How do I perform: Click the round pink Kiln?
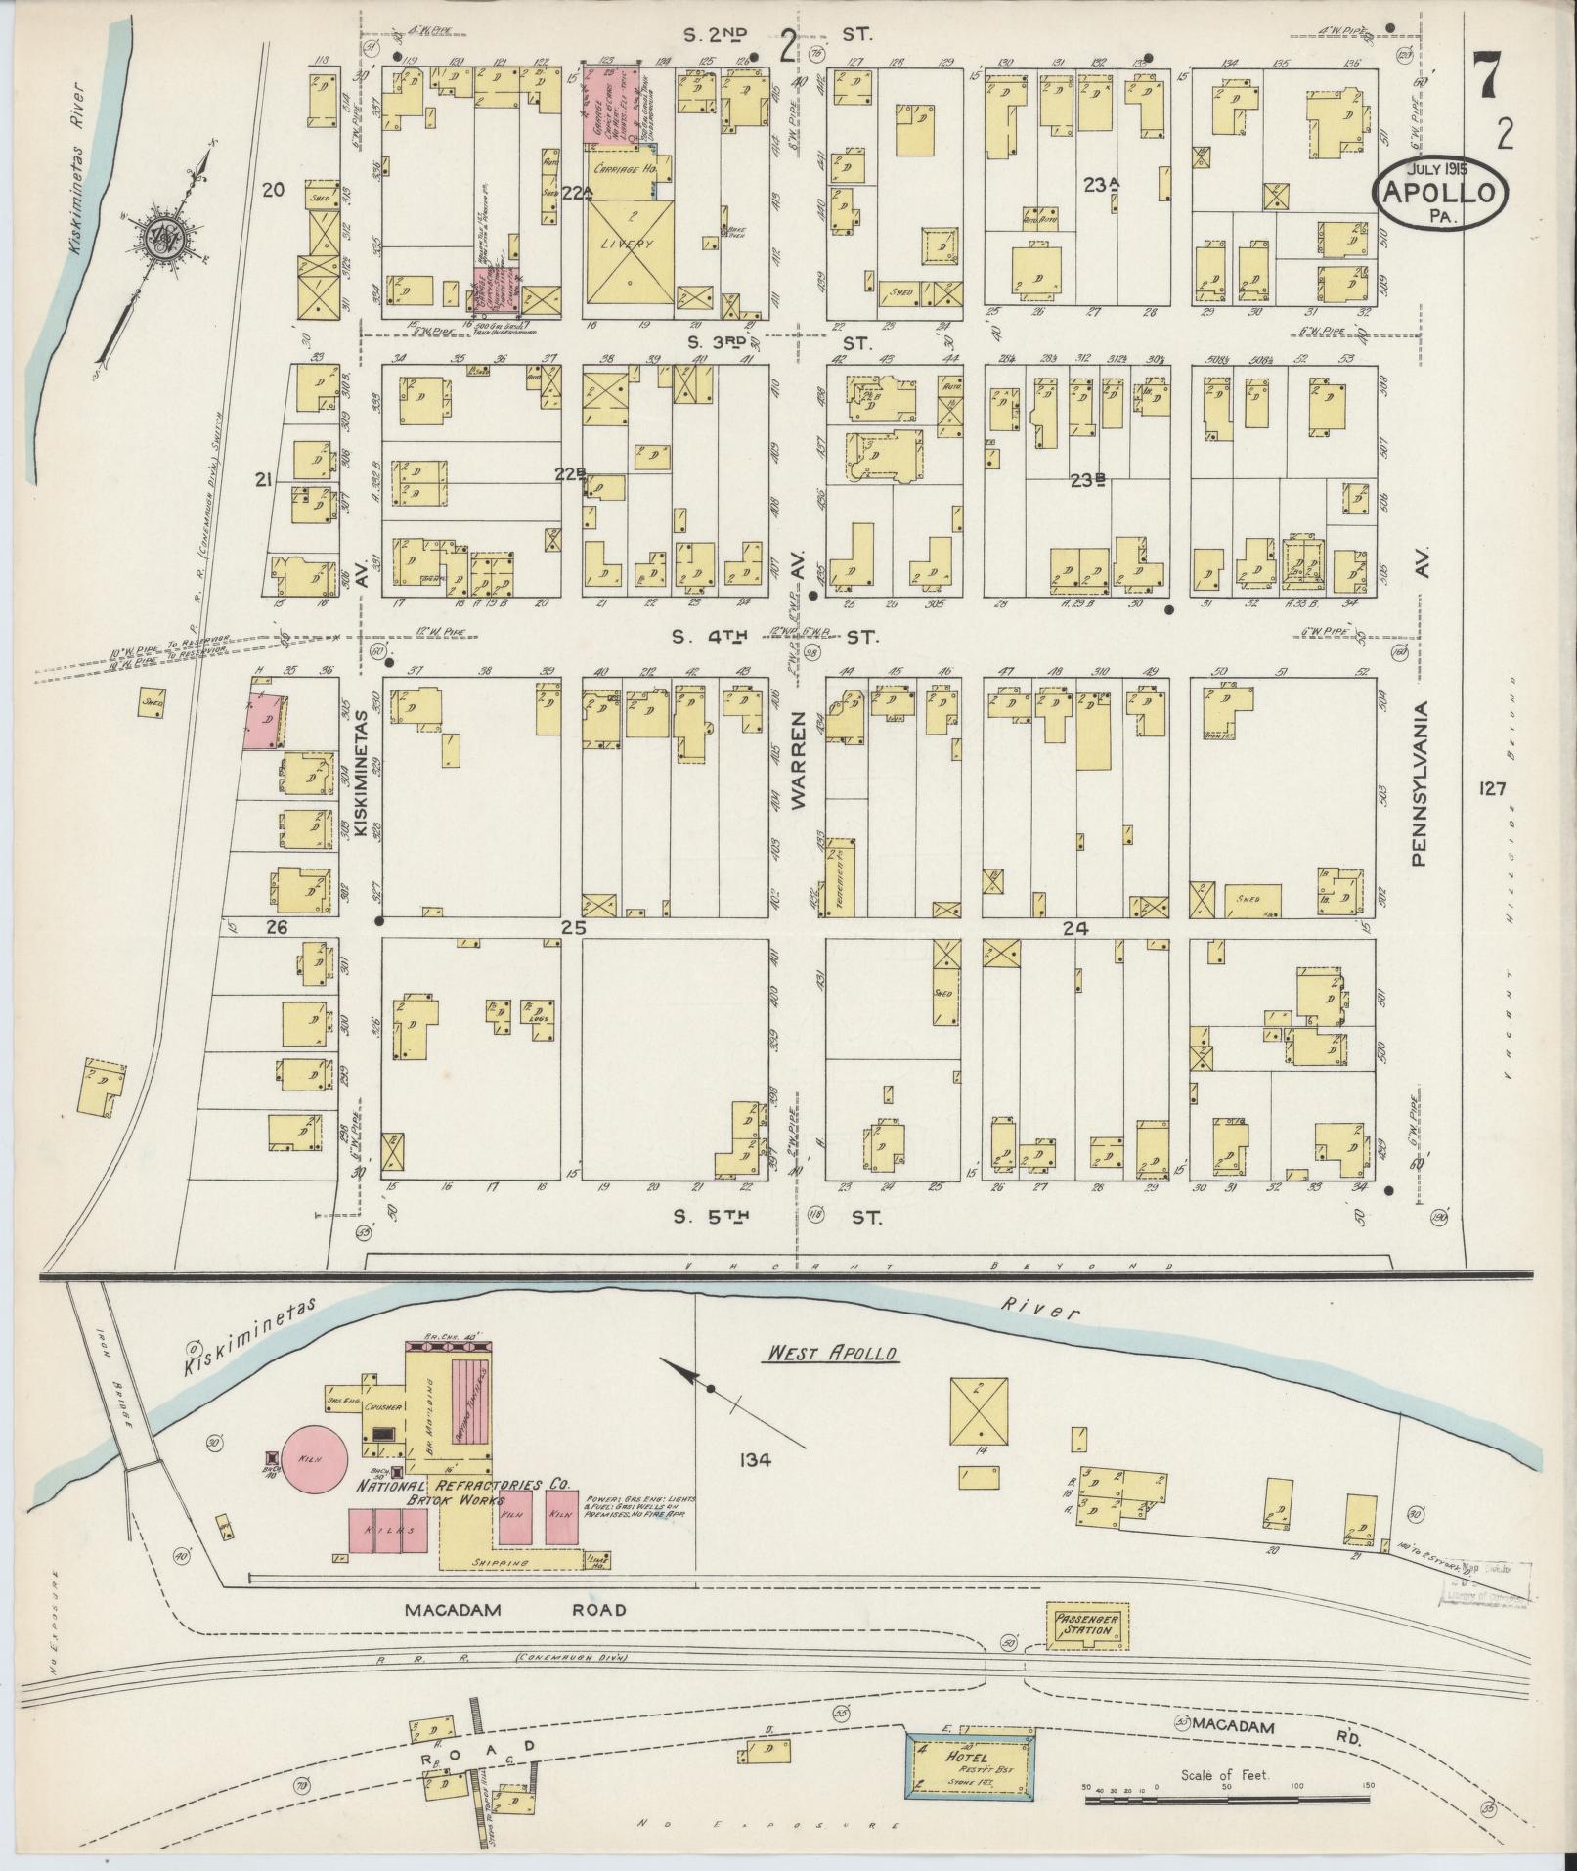pyautogui.click(x=314, y=1483)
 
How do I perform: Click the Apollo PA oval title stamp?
pyautogui.click(x=1439, y=196)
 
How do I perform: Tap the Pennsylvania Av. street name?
pyautogui.click(x=1420, y=782)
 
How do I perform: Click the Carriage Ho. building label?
pyautogui.click(x=626, y=168)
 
